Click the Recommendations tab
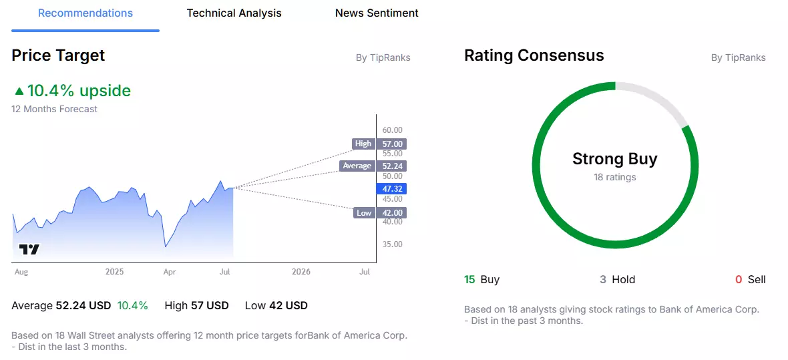(85, 13)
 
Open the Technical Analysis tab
(234, 13)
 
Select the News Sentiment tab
(377, 13)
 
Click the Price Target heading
(58, 55)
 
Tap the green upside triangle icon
(19, 91)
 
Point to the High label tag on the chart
(363, 144)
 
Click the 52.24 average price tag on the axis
(391, 166)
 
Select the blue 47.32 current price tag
(391, 189)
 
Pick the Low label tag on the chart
(364, 212)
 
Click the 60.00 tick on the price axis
(392, 130)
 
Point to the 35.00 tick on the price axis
(392, 244)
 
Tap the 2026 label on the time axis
(302, 272)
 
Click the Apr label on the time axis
(170, 272)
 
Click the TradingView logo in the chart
(29, 249)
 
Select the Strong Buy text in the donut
(614, 160)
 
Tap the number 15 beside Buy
(469, 280)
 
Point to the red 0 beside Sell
(738, 280)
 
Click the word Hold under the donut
(624, 280)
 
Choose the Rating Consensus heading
(534, 55)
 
